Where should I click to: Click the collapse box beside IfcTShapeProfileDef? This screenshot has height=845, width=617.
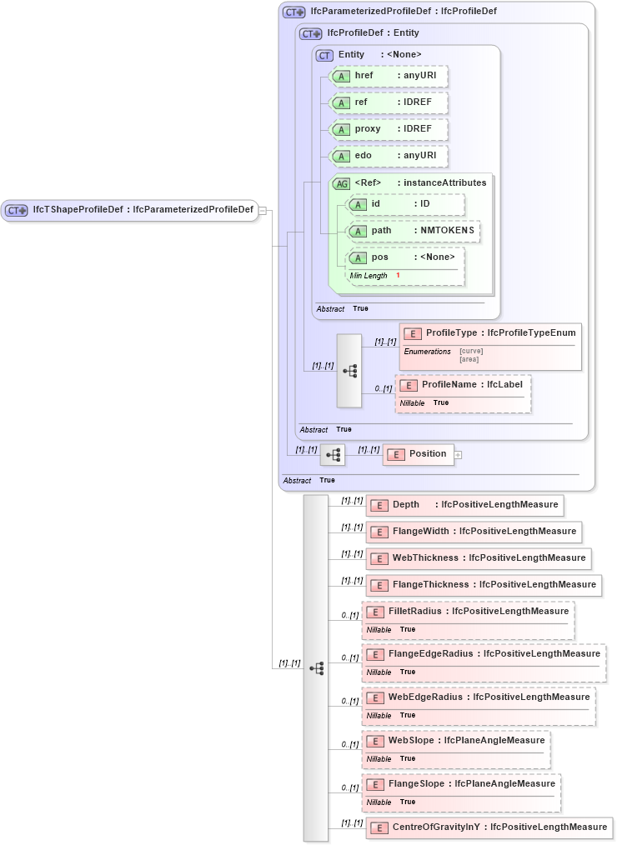point(263,210)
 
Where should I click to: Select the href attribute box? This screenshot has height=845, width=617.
point(389,76)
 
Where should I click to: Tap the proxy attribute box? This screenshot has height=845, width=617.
point(389,129)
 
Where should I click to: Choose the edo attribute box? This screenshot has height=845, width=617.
point(389,156)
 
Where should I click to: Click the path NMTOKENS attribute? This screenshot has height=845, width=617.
point(414,231)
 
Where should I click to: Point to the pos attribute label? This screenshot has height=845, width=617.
point(380,257)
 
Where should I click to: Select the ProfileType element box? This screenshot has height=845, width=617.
point(490,333)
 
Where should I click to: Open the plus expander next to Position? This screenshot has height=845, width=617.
point(458,454)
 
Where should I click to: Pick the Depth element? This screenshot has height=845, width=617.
point(463,505)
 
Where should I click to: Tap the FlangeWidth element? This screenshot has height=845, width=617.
point(473,532)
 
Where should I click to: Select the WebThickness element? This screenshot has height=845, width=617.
point(479,558)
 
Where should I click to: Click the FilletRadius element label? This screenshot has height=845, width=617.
point(479,611)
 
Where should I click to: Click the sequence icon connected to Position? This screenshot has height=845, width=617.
point(333,454)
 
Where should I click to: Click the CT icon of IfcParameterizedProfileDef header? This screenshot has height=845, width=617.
point(293,12)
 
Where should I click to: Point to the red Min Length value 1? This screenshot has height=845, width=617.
point(398,275)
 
